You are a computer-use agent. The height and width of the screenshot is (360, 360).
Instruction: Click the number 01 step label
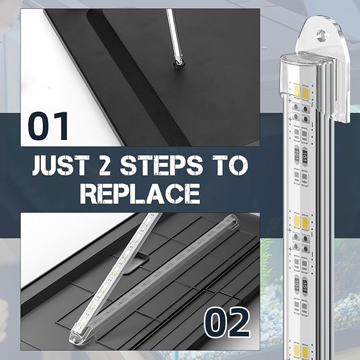point(48,126)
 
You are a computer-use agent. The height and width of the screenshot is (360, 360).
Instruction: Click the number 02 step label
point(226,322)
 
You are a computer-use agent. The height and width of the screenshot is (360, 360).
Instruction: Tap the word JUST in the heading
point(60,165)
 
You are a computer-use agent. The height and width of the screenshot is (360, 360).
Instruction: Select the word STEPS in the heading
point(161,165)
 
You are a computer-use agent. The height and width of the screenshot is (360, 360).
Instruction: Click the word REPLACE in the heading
point(140,194)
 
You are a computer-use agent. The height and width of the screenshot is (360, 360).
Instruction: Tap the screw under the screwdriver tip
point(179,64)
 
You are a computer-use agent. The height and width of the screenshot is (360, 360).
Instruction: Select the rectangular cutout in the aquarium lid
point(137,262)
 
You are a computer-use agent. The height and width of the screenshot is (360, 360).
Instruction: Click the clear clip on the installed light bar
point(232,221)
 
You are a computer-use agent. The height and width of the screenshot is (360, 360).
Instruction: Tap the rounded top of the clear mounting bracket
point(321,23)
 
